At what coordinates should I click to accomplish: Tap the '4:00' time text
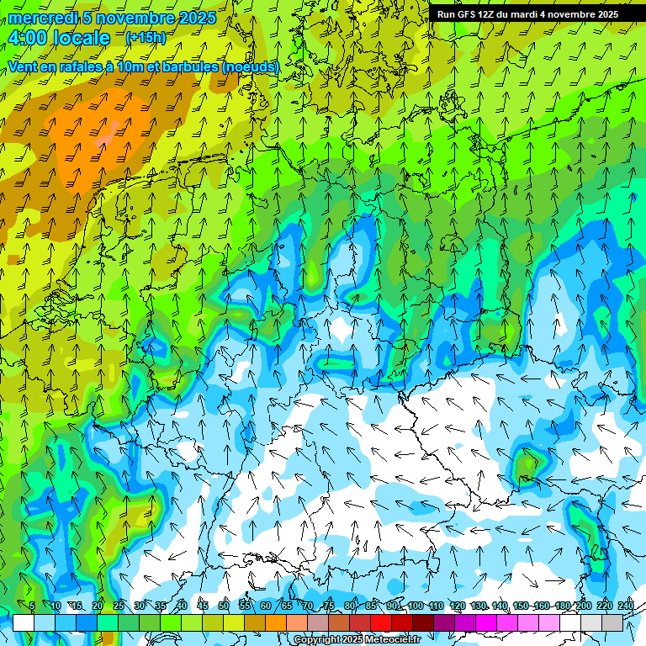pyautogui.click(x=31, y=38)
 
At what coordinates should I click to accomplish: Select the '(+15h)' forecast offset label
pyautogui.click(x=146, y=37)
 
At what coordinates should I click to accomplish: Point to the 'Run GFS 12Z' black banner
pyautogui.click(x=527, y=13)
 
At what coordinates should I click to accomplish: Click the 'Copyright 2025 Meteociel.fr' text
pyautogui.click(x=357, y=640)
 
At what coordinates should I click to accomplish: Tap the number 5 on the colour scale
pyautogui.click(x=32, y=606)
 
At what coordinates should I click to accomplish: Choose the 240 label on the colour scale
pyautogui.click(x=626, y=606)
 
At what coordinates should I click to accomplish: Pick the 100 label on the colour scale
pyautogui.click(x=415, y=606)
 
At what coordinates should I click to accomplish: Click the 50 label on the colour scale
pyautogui.click(x=224, y=606)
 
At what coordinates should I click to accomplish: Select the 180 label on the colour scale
pyautogui.click(x=563, y=606)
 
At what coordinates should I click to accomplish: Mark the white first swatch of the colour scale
pyautogui.click(x=24, y=622)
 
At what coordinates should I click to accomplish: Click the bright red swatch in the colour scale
pyautogui.click(x=381, y=622)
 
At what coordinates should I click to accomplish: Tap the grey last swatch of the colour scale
pyautogui.click(x=612, y=622)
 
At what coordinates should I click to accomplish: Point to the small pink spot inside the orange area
pyautogui.click(x=112, y=129)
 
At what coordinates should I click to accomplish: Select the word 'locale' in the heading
pyautogui.click(x=82, y=38)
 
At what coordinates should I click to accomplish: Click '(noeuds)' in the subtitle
pyautogui.click(x=250, y=66)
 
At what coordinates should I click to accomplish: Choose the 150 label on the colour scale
pyautogui.click(x=520, y=606)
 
